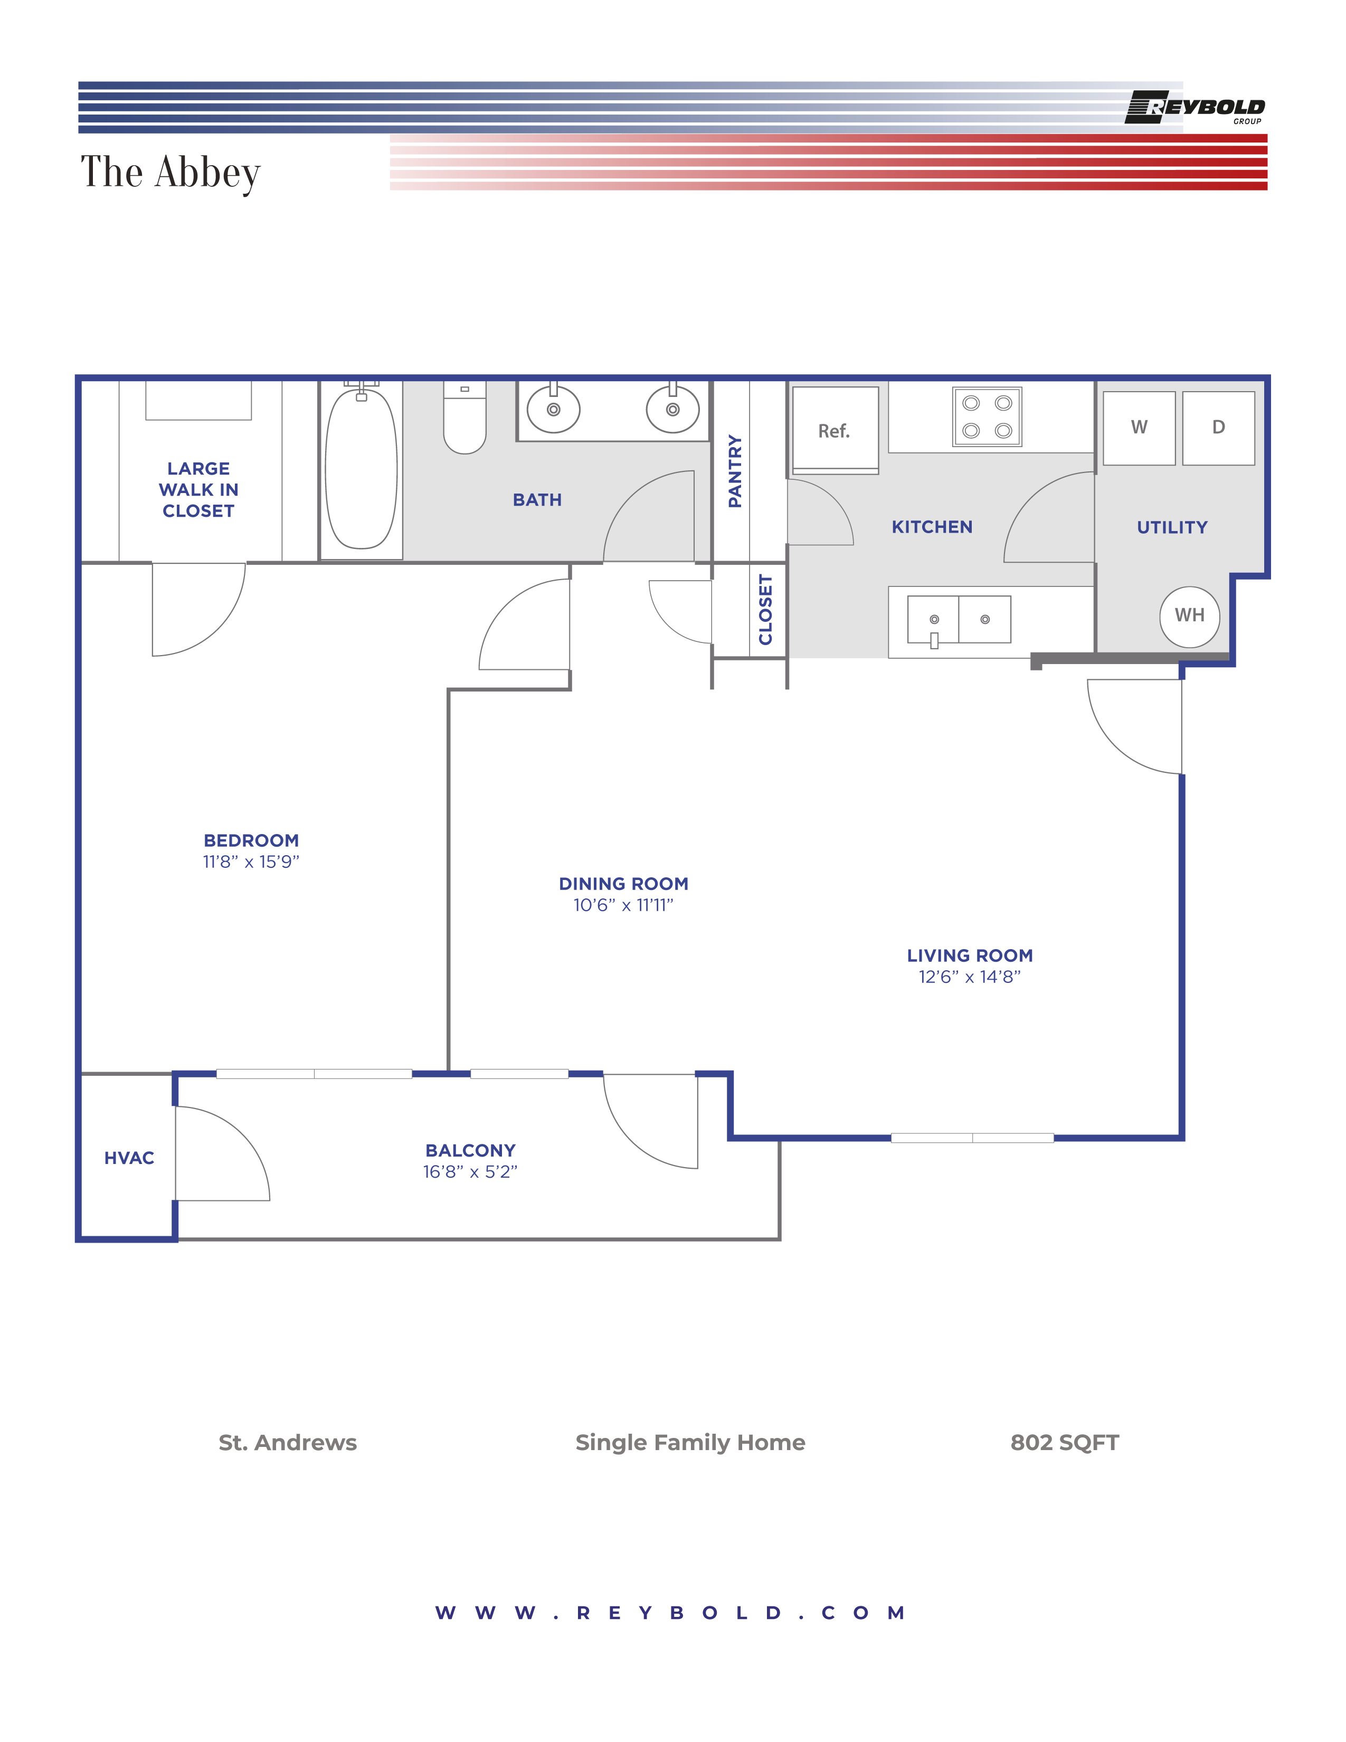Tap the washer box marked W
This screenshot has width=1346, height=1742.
pyautogui.click(x=1139, y=428)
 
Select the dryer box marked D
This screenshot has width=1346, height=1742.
pyautogui.click(x=1218, y=428)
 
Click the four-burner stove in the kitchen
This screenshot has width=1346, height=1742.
pyautogui.click(x=987, y=417)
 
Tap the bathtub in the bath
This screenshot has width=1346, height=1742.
pyautogui.click(x=361, y=469)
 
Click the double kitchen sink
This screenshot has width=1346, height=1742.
pyautogui.click(x=959, y=620)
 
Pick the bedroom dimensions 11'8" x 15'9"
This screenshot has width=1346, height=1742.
pyautogui.click(x=251, y=862)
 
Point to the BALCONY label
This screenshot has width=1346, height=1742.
pyautogui.click(x=470, y=1150)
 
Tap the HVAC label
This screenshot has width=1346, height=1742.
pyautogui.click(x=129, y=1158)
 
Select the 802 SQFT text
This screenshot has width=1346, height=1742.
pyautogui.click(x=1065, y=1443)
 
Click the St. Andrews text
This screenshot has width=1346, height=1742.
pyautogui.click(x=288, y=1443)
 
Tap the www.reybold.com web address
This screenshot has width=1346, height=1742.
pyautogui.click(x=670, y=1613)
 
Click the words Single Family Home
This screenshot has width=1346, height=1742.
pyautogui.click(x=690, y=1443)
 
